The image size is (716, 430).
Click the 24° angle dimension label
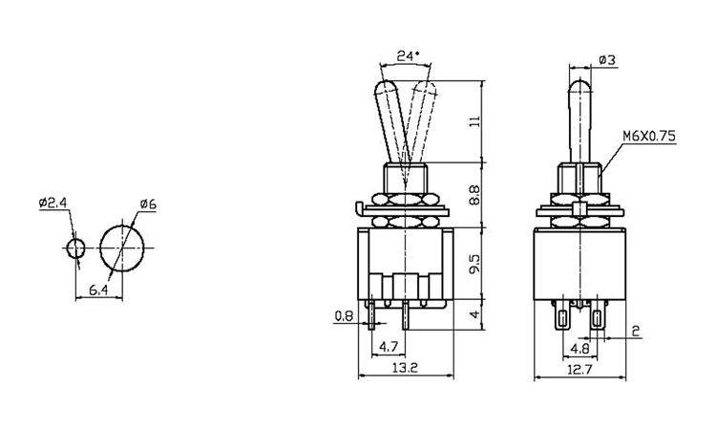click(408, 55)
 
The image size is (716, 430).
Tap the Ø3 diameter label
click(606, 60)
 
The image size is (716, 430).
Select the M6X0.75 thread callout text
click(649, 136)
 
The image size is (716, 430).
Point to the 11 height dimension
click(475, 121)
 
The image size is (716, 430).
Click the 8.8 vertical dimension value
click(475, 195)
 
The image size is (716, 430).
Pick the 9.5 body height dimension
click(475, 264)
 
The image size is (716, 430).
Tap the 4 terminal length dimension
click(475, 314)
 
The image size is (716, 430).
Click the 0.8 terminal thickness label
click(344, 315)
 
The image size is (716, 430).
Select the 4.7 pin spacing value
click(389, 347)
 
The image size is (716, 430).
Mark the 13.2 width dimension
click(406, 368)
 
